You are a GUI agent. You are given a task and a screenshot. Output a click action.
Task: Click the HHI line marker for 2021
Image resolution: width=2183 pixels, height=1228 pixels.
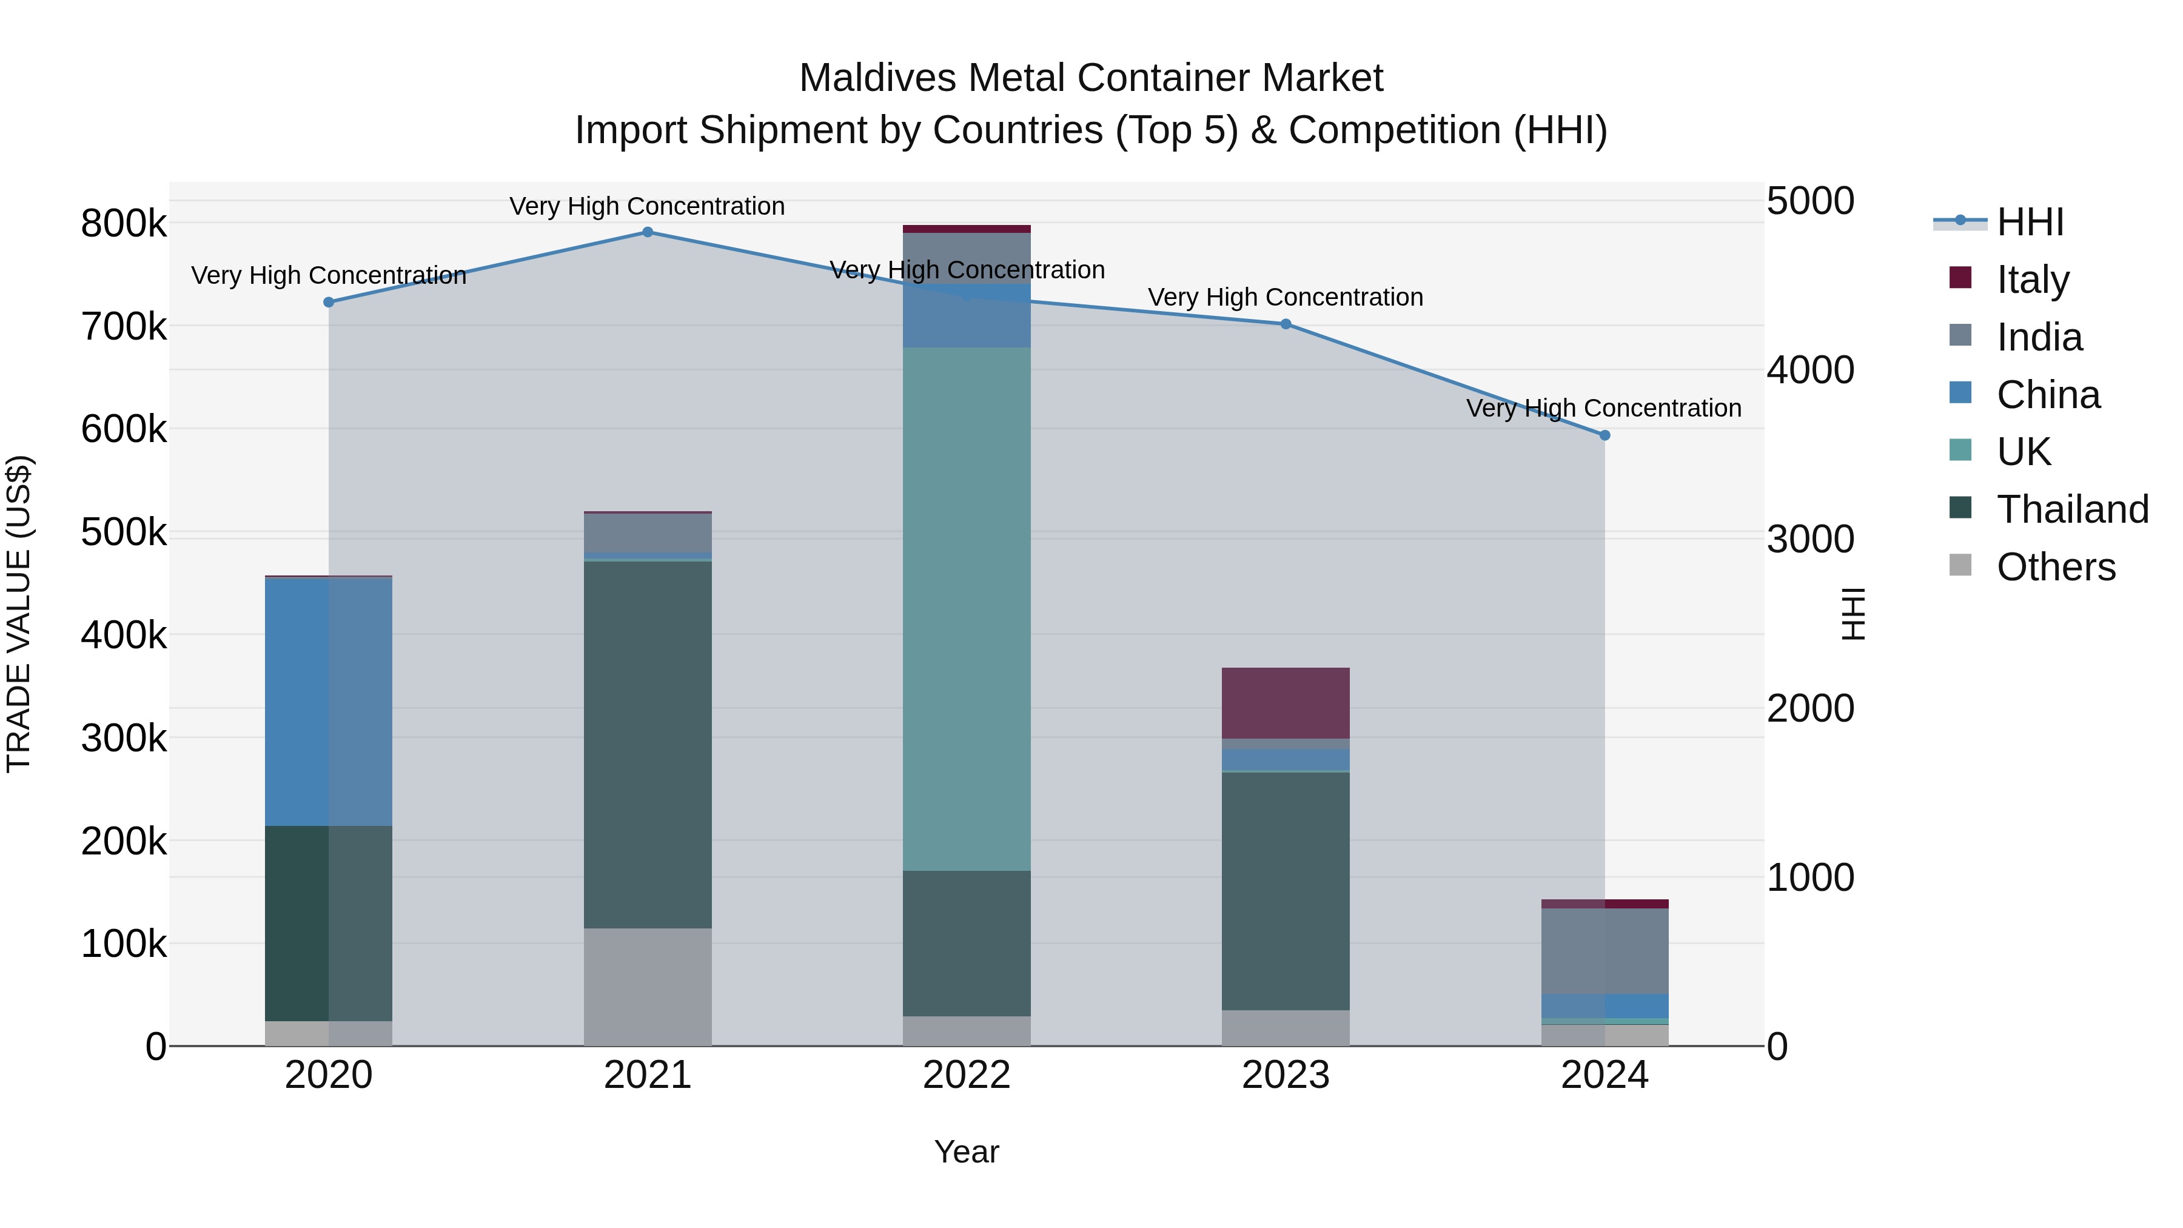point(648,232)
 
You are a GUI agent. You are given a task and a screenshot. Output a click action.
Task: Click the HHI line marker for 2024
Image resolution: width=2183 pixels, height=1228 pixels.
point(1604,435)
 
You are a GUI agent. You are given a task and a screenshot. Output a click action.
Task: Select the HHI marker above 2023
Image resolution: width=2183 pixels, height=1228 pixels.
point(1286,324)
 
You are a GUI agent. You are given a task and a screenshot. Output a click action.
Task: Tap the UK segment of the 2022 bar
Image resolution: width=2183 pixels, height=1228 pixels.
point(967,608)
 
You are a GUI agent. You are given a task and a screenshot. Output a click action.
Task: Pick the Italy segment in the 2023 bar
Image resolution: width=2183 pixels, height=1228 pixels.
point(1286,703)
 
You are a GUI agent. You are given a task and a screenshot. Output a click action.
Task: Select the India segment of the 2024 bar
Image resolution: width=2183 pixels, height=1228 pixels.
point(1604,951)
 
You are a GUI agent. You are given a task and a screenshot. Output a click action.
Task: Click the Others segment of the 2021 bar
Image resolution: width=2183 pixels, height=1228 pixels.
point(648,987)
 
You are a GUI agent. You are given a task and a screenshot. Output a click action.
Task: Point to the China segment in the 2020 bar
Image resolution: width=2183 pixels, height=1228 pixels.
point(329,702)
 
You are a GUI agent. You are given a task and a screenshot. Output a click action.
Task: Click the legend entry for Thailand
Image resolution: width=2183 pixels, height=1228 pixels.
point(2072,509)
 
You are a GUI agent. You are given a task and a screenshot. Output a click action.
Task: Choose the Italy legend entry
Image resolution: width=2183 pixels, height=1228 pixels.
point(2032,280)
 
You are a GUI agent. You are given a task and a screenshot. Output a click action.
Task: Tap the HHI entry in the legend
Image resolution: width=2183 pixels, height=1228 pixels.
point(2030,222)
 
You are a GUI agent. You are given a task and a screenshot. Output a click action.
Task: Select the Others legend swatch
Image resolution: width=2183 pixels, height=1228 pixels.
point(1960,565)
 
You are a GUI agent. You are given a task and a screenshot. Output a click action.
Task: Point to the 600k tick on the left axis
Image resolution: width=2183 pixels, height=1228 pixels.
point(124,429)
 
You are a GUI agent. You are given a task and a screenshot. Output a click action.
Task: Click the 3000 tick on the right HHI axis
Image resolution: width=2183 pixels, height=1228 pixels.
point(1810,539)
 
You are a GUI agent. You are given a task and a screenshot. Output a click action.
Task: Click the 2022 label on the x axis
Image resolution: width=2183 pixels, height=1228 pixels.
point(967,1075)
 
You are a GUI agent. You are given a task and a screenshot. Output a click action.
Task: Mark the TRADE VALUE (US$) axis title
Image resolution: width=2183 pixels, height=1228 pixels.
point(19,614)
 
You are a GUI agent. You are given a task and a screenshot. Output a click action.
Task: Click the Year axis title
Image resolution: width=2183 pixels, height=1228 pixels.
point(967,1152)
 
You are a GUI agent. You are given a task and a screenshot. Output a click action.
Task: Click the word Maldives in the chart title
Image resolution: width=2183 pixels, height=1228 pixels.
point(877,79)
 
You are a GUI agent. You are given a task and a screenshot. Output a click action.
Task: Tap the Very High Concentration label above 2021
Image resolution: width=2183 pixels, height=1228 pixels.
point(648,207)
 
